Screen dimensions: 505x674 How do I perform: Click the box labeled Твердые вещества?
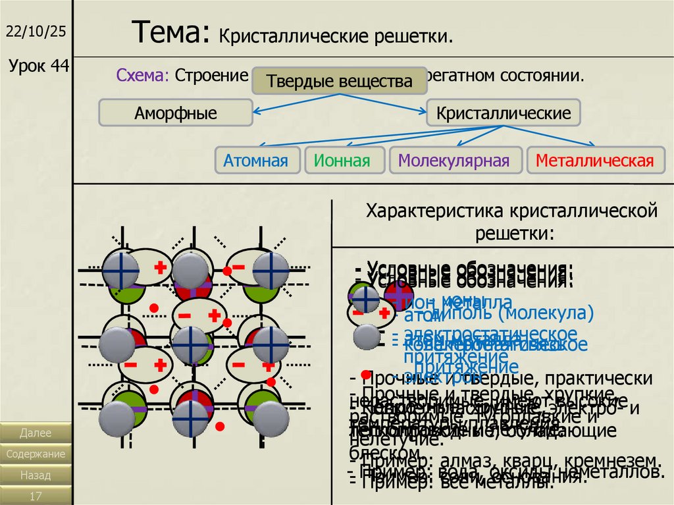coord(339,82)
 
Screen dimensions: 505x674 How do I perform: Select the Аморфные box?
coord(176,113)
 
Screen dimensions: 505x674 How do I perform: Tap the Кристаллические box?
coord(504,113)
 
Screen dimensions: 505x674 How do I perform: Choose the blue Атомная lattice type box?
coord(255,161)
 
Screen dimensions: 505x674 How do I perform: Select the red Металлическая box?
coord(594,161)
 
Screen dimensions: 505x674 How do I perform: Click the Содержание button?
coord(36,454)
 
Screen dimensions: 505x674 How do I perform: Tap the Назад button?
coord(36,475)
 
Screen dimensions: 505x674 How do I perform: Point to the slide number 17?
coord(36,495)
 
